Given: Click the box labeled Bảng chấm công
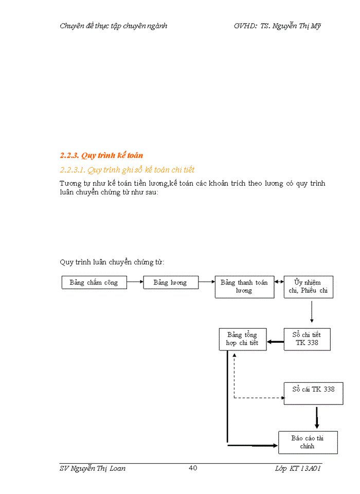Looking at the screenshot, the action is click(x=94, y=283).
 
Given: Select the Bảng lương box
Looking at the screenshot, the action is click(x=170, y=283).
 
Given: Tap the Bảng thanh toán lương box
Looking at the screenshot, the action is click(x=244, y=287).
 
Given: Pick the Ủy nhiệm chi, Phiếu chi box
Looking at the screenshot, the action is click(x=308, y=287).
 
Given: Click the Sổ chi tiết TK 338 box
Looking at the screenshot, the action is click(x=307, y=339).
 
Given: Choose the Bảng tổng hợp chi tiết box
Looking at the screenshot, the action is click(x=242, y=339).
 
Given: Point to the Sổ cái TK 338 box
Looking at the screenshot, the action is click(x=313, y=393).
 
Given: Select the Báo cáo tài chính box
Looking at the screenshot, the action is click(x=308, y=442).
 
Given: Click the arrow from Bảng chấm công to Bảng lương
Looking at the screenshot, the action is click(x=135, y=282).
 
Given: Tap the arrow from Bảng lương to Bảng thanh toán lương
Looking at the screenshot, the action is click(x=207, y=282).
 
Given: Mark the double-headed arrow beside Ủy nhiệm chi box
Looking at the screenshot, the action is click(x=279, y=282).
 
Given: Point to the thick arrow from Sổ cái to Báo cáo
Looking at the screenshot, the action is click(x=317, y=418).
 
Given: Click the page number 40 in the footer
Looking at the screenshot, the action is click(x=193, y=468).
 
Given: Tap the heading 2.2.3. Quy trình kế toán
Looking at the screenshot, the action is click(x=101, y=155).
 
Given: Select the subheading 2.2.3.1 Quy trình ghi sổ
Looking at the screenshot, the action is click(x=127, y=170).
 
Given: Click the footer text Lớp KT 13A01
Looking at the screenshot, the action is click(x=298, y=468).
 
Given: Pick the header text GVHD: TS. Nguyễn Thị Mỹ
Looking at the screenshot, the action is click(x=277, y=26).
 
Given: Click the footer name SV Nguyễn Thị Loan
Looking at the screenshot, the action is click(x=93, y=468).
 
